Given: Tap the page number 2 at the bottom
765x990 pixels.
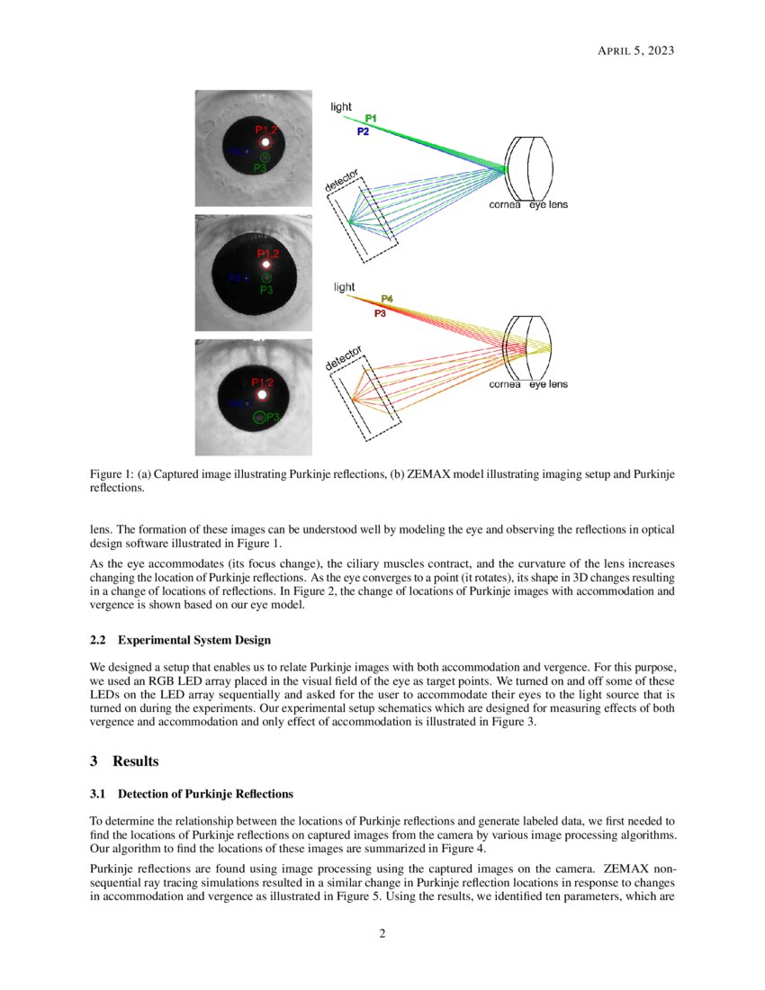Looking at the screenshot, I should [x=382, y=933].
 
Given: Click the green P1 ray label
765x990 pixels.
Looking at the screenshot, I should [x=371, y=119].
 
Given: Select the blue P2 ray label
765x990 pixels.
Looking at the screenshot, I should [x=363, y=131].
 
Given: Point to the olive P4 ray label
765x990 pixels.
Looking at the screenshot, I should [x=386, y=298].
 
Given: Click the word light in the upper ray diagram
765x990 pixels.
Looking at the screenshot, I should [x=341, y=106].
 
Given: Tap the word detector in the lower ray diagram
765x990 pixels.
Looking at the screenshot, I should [x=343, y=357].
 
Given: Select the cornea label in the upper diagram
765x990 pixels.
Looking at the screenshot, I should [x=505, y=205].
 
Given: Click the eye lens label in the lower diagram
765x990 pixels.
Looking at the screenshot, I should [x=548, y=384].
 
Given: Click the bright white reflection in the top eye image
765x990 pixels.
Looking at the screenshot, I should [x=265, y=142].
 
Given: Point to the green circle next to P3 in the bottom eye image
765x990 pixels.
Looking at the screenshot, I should [x=259, y=417].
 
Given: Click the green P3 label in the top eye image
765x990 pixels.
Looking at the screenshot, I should [x=260, y=167].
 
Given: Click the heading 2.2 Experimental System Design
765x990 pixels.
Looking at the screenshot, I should [x=180, y=640].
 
